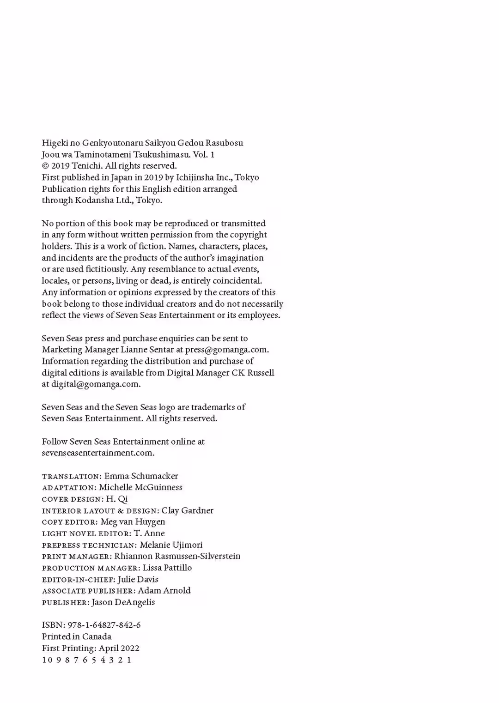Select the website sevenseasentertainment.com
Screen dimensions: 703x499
pyautogui.click(x=97, y=453)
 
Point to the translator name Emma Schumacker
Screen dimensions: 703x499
pyautogui.click(x=141, y=476)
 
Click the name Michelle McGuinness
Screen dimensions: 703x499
pyautogui.click(x=140, y=487)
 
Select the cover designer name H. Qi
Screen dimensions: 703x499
pyautogui.click(x=117, y=499)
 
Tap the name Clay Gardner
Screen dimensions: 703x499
pyautogui.click(x=187, y=510)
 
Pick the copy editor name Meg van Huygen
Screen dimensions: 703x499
pyautogui.click(x=133, y=522)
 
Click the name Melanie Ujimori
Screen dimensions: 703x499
pyautogui.click(x=171, y=545)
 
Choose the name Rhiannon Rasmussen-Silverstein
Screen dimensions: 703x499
pyautogui.click(x=177, y=556)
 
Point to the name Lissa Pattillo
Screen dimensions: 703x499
pyautogui.click(x=167, y=568)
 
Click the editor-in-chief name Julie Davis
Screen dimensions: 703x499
pyautogui.click(x=138, y=579)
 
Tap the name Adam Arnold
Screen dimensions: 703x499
pyautogui.click(x=164, y=591)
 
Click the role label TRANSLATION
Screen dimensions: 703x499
pyautogui.click(x=71, y=477)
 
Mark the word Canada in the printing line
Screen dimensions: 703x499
pyautogui.click(x=97, y=637)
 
